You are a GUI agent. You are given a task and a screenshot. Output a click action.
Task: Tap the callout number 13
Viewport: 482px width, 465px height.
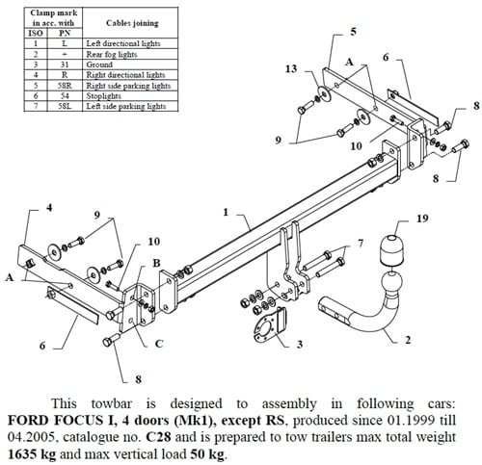[291, 69]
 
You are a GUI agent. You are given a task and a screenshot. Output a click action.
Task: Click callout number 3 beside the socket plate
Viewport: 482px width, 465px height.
[300, 344]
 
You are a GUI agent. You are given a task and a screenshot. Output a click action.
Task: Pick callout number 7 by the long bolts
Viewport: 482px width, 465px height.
[361, 243]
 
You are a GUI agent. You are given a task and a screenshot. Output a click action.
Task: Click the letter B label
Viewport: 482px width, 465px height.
[156, 263]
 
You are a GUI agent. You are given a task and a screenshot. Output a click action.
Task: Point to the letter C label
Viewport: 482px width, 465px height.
[159, 343]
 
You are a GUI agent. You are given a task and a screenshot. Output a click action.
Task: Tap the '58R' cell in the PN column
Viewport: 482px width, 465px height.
[64, 85]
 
